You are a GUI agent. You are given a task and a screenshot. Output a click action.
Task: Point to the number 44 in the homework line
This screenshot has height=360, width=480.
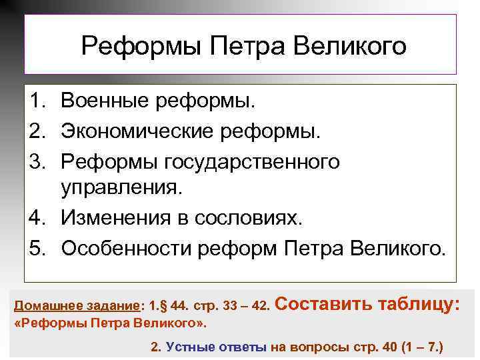tap(178, 307)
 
